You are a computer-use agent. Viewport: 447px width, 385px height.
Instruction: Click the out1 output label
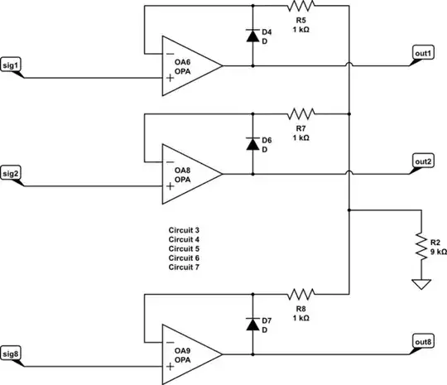coord(423,53)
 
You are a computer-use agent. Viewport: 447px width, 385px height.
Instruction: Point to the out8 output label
coord(423,342)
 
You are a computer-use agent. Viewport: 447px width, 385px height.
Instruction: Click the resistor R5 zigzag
coord(301,5)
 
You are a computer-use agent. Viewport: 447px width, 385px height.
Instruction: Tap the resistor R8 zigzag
coord(301,294)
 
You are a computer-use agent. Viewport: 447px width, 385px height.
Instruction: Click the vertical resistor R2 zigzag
coord(422,246)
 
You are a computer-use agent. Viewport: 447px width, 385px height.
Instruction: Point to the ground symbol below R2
coord(422,284)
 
